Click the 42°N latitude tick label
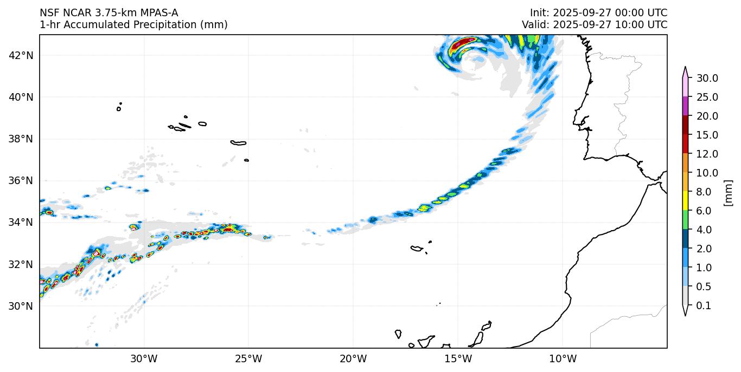(21, 55)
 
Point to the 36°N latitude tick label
(21, 181)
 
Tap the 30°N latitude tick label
(21, 306)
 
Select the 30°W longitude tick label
(144, 358)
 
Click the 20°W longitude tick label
(353, 358)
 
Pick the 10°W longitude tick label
(563, 358)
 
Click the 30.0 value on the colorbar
(707, 79)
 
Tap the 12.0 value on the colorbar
(707, 154)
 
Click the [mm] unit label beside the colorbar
(728, 193)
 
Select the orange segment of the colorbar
(685, 164)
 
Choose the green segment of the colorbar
(685, 220)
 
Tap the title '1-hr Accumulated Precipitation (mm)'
(133, 25)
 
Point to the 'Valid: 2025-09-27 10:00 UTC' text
(595, 25)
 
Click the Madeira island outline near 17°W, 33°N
(417, 249)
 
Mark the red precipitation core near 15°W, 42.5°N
(463, 43)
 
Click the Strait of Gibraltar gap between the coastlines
(657, 179)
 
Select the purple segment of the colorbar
(685, 107)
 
